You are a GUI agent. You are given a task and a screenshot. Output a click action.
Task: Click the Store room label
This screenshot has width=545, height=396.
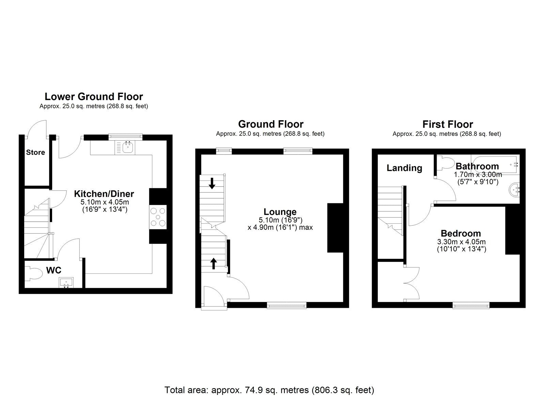click(35, 152)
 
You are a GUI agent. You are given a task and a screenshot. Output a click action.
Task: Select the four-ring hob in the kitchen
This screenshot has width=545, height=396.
click(158, 217)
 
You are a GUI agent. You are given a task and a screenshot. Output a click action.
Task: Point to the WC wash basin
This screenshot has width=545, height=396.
click(66, 283)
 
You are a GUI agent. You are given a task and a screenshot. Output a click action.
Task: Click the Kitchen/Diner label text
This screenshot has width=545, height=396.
click(104, 194)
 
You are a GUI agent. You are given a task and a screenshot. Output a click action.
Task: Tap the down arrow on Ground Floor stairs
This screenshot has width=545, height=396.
click(212, 183)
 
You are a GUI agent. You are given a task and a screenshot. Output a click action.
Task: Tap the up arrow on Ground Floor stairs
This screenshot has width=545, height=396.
click(214, 263)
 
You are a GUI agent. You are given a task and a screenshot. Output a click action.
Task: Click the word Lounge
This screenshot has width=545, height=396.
click(280, 212)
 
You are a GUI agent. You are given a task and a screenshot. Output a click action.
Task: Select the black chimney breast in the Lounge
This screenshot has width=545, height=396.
click(335, 228)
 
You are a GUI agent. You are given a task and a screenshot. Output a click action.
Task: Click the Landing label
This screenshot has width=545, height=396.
click(404, 168)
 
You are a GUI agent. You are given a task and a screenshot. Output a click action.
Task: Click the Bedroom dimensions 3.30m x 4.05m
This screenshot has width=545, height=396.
click(461, 242)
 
